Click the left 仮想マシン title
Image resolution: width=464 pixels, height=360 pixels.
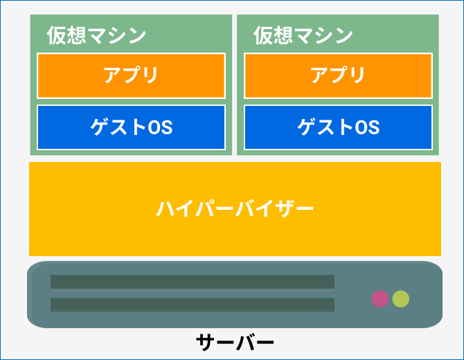pyautogui.click(x=96, y=35)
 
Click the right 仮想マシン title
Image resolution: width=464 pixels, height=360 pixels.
pyautogui.click(x=303, y=35)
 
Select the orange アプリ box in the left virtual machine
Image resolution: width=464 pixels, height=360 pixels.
pyautogui.click(x=131, y=75)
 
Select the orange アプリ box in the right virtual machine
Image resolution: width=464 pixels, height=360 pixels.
pyautogui.click(x=338, y=75)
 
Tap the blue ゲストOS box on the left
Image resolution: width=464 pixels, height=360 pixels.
pyautogui.click(x=131, y=127)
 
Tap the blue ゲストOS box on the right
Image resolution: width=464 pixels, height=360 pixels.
pyautogui.click(x=338, y=127)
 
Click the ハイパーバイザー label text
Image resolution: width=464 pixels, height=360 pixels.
pyautogui.click(x=235, y=209)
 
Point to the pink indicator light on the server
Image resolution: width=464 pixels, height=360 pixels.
pyautogui.click(x=380, y=299)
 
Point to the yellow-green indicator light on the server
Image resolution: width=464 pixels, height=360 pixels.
pyautogui.click(x=401, y=299)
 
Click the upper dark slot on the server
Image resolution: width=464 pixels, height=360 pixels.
pyautogui.click(x=193, y=282)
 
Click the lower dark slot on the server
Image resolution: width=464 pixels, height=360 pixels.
pyautogui.click(x=193, y=305)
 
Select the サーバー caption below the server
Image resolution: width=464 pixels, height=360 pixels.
pyautogui.click(x=235, y=342)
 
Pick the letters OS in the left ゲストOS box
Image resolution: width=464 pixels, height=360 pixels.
pyautogui.click(x=160, y=127)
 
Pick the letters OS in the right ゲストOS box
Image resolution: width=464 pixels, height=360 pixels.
pyautogui.click(x=367, y=127)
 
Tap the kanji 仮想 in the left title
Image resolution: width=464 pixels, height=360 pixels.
pyautogui.click(x=66, y=35)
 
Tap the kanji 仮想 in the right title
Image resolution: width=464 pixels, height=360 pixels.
pyautogui.click(x=274, y=35)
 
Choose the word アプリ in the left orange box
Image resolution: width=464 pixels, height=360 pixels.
pyautogui.click(x=130, y=75)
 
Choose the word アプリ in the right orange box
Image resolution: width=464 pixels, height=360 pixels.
pyautogui.click(x=338, y=75)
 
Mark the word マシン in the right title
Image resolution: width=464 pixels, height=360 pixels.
pyautogui.click(x=323, y=35)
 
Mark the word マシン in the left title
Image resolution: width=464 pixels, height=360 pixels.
pyautogui.click(x=117, y=35)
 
